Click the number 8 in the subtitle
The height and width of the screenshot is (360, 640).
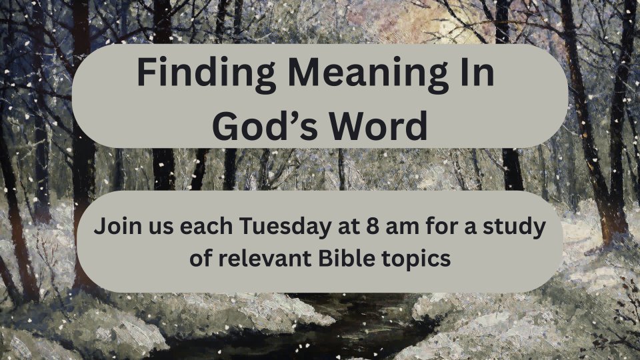pyautogui.click(x=372, y=226)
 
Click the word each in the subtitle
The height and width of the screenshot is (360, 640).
pyautogui.click(x=206, y=226)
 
